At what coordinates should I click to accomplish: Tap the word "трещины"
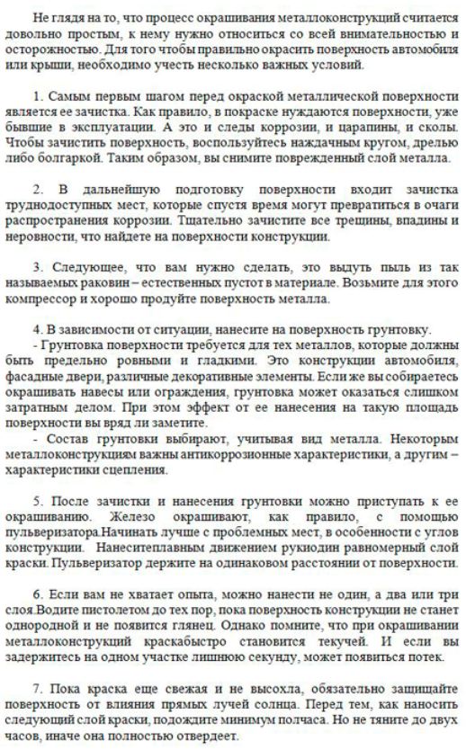331,222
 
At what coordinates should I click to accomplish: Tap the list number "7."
38,682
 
